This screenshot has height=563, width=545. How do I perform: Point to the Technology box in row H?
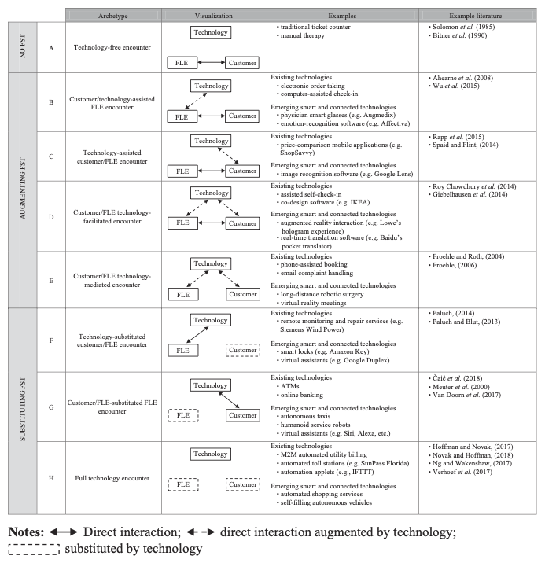pyautogui.click(x=211, y=454)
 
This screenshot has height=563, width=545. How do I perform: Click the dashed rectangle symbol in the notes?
pyautogui.click(x=34, y=549)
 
